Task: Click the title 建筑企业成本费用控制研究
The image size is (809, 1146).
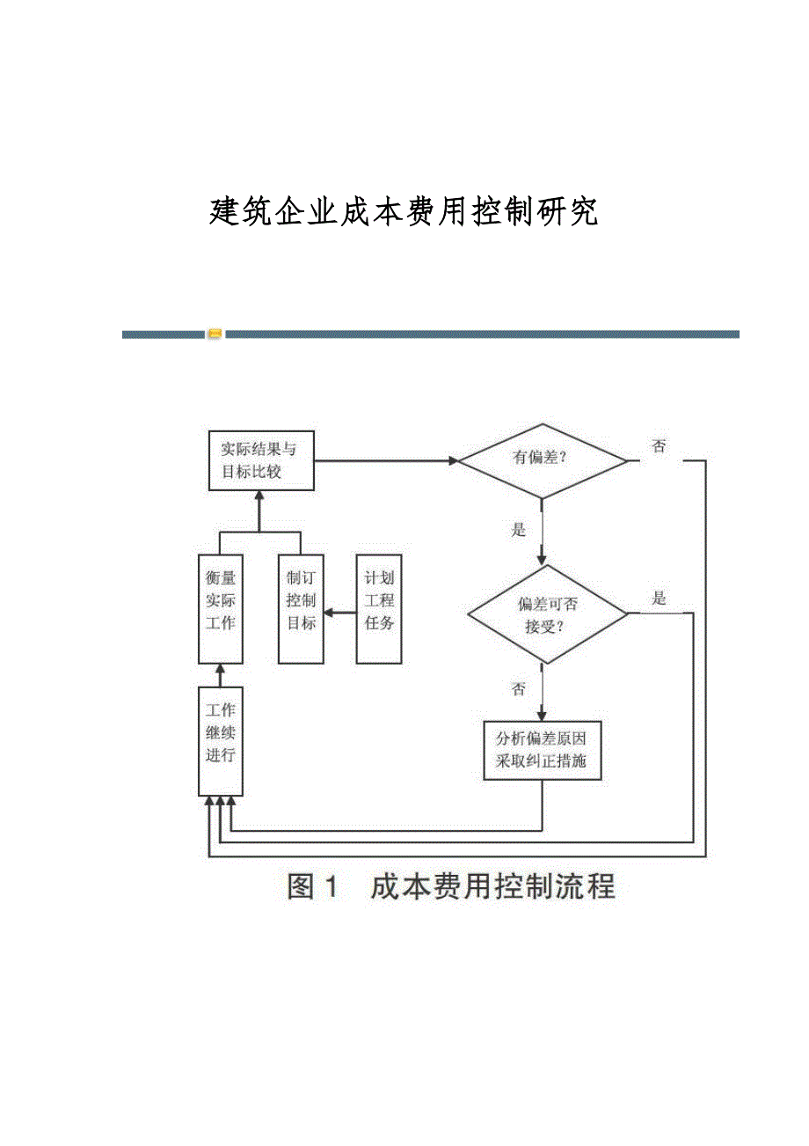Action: point(404,212)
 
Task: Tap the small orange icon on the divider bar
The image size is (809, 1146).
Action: point(215,334)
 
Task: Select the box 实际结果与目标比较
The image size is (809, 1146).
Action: point(261,460)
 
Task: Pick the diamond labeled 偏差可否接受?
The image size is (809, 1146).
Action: point(546,614)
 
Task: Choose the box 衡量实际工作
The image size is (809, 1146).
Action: point(220,609)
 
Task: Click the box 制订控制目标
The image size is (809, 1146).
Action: point(301,609)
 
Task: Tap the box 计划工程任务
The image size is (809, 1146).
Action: point(379,609)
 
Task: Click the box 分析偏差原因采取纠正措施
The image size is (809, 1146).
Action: point(542,750)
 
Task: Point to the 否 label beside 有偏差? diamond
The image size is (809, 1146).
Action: point(659,446)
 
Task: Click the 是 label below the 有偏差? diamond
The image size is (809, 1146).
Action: point(519,530)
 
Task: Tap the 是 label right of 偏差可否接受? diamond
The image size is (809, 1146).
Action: point(659,599)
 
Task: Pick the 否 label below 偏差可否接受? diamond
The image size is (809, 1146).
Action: point(519,689)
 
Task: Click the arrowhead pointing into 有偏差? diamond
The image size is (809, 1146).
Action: point(454,460)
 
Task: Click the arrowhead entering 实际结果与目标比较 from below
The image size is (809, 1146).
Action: point(259,496)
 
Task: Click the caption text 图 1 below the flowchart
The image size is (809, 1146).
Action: point(313,886)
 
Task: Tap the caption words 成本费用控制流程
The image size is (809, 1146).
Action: point(492,886)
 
